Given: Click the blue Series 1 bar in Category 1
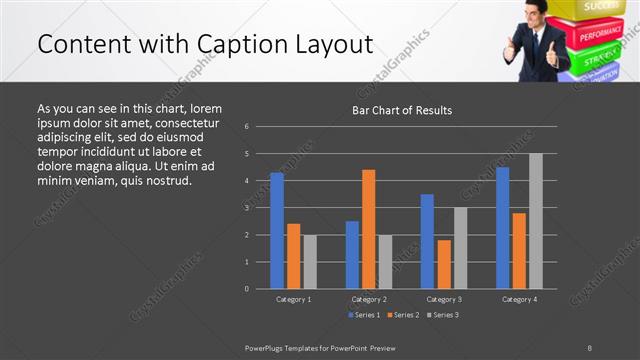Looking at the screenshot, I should (277, 230).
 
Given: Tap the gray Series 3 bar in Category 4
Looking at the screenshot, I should (536, 221).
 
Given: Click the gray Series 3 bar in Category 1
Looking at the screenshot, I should (310, 261).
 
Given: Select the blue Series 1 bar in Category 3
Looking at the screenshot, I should (427, 241).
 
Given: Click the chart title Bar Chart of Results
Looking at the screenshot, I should (403, 110).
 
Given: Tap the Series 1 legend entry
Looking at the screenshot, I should (364, 315).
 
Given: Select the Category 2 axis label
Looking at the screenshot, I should (369, 299).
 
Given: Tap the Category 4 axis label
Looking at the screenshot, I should (519, 299).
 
